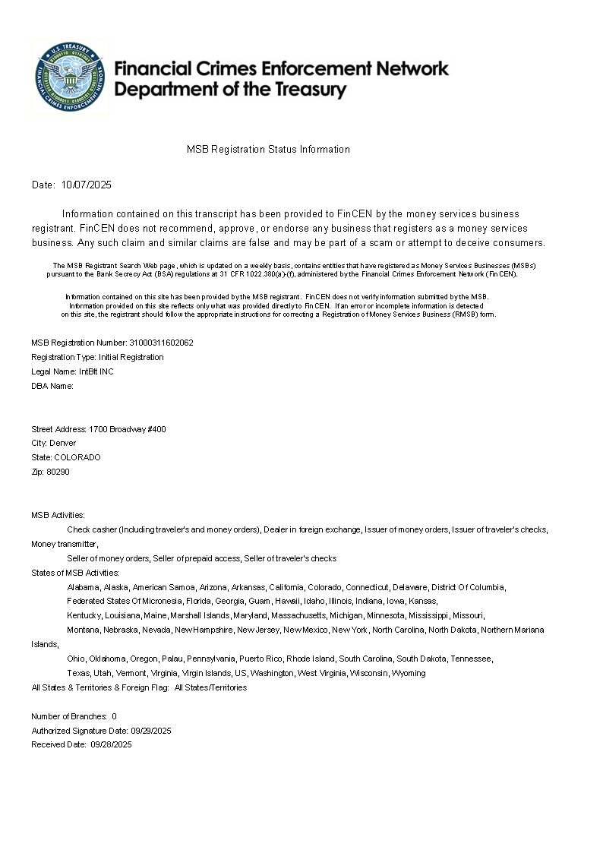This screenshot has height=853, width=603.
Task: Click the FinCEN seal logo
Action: point(69,77)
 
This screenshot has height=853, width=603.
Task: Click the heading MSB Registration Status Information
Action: point(268,150)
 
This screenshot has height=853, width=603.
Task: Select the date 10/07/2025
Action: point(87,185)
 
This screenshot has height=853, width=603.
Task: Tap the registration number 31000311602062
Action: point(162,343)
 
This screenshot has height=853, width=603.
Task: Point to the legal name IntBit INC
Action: point(96,371)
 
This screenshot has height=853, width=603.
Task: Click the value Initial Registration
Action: point(131,357)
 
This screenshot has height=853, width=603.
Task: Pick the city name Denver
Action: point(63,443)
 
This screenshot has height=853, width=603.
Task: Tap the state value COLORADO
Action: point(77,457)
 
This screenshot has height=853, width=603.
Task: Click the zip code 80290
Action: point(58,472)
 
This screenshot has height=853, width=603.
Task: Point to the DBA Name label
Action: point(52,386)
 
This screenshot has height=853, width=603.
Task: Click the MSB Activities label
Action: point(58,515)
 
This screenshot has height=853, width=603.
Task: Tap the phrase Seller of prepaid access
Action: point(196,558)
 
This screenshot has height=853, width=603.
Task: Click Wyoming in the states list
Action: point(409,673)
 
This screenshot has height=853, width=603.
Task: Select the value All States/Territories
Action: point(210,687)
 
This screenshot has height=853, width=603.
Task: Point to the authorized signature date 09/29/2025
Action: point(151,731)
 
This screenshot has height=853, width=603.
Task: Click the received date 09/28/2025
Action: point(111,745)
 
